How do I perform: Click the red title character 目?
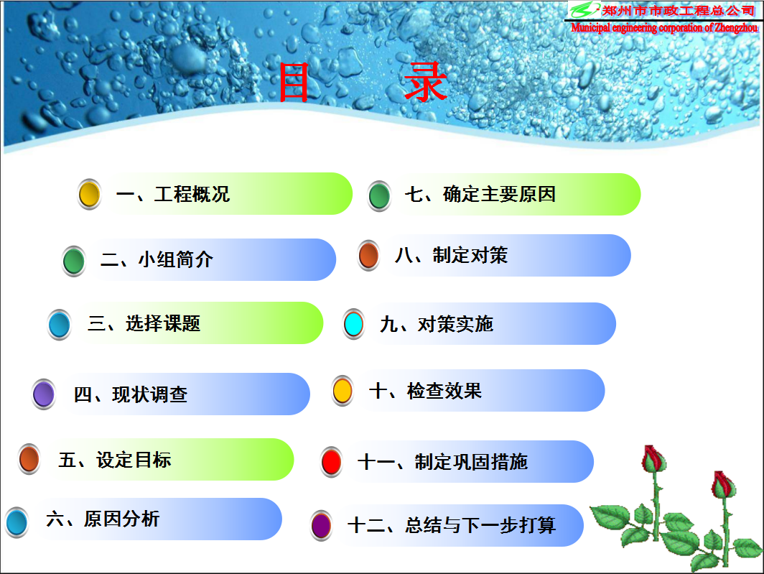point(293,83)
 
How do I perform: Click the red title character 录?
point(425,82)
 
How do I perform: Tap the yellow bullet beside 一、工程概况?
point(90,195)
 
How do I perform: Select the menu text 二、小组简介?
point(157,259)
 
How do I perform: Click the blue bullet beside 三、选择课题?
point(60,325)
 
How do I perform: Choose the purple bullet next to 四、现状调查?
point(44,394)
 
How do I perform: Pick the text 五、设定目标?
point(115,460)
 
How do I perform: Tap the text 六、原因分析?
point(103,519)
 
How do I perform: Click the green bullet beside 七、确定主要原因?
point(380,196)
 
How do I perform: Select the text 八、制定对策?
point(452,255)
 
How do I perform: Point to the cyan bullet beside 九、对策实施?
point(354,324)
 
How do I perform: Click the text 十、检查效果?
point(425,391)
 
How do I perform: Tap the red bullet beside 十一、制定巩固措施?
point(332,463)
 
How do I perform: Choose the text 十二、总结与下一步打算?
point(452,525)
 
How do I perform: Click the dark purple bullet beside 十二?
point(322,526)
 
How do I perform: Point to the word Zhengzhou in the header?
point(736,28)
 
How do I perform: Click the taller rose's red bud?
point(653,458)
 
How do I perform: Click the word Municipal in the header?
point(590,28)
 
